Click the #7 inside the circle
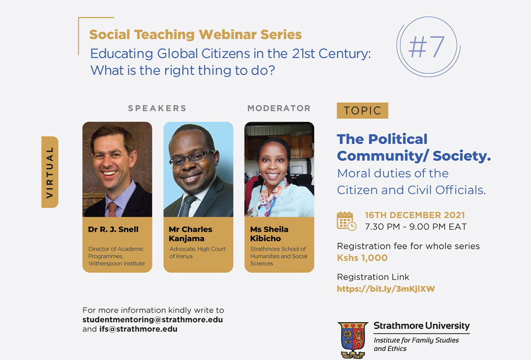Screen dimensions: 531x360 426,47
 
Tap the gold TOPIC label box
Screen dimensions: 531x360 362,110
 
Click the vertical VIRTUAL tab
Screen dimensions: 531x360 50,172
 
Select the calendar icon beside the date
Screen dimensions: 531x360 347,221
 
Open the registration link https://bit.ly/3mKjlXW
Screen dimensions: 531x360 386,289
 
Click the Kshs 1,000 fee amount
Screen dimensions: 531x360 362,258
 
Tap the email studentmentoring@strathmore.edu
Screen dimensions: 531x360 152,320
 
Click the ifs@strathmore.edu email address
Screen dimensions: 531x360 138,329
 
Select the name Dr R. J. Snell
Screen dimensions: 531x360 113,229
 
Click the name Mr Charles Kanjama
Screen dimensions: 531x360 190,234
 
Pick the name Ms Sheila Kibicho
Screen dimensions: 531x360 269,234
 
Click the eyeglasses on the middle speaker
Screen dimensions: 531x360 192,157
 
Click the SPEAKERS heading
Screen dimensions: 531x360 157,108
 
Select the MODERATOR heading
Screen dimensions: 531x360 279,108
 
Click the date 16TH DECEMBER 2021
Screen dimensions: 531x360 414,215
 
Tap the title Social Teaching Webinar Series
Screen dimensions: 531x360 195,34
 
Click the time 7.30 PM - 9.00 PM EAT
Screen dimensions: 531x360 416,227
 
